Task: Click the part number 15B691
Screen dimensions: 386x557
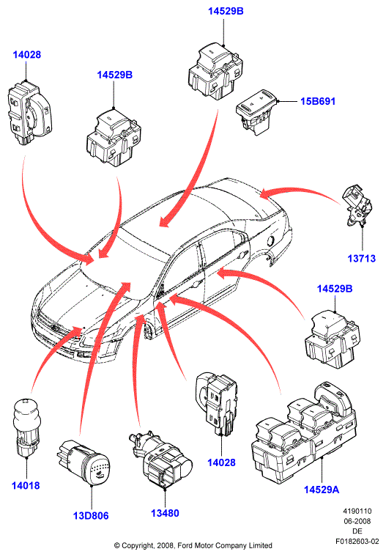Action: coord(318,101)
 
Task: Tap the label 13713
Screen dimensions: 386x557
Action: coord(362,258)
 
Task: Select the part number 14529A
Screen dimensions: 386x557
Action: coord(322,490)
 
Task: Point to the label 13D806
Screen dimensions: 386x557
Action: coord(91,515)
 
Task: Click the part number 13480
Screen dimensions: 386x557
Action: coord(165,513)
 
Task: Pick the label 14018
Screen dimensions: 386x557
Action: coord(26,485)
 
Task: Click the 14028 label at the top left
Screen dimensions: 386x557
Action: coord(27,55)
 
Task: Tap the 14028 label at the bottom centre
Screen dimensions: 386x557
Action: coord(222,462)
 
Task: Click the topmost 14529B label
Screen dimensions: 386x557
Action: coord(226,11)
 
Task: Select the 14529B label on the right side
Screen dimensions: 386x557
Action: coord(335,289)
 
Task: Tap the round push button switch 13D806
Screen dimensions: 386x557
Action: coord(83,462)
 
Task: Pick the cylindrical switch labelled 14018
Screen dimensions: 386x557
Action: coord(26,427)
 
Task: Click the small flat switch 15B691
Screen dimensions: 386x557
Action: coord(256,111)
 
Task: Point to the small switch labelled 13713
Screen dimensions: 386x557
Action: coord(357,205)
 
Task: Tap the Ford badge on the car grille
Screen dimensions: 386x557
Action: coord(54,328)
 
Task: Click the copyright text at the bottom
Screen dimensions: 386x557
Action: coord(193,545)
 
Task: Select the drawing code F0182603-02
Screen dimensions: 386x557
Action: coord(357,542)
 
